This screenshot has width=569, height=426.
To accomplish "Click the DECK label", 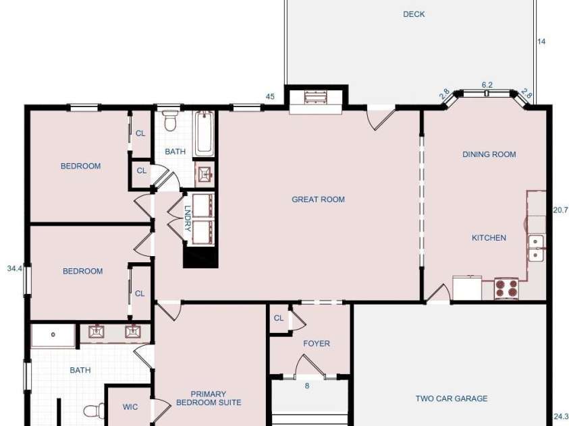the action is [414, 14].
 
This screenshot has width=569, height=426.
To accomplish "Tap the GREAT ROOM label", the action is [318, 200].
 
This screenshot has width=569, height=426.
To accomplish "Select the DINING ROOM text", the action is [489, 154].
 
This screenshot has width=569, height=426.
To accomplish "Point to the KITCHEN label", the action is [489, 238].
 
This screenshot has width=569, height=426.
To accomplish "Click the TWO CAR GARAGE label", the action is [452, 398].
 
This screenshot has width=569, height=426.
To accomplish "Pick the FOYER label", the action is [317, 343].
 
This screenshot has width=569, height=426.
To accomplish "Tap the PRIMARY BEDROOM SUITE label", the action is [209, 398].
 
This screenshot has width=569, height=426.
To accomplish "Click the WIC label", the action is [130, 407].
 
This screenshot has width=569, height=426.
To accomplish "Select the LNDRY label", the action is [188, 218].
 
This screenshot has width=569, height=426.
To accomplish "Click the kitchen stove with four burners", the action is [506, 288].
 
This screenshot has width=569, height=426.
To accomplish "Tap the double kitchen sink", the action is [536, 248].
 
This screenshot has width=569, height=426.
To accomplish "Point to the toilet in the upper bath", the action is [170, 120].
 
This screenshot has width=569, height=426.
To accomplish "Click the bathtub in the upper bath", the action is [205, 134].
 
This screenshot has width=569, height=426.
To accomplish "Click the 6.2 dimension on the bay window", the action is [487, 85].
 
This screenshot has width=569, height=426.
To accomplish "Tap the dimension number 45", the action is [270, 96].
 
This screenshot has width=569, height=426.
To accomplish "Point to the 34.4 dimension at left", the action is [15, 268].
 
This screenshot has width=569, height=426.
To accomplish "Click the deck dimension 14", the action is [541, 42].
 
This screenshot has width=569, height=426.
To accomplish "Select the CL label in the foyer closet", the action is [278, 318].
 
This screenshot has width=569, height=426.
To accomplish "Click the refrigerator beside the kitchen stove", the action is [467, 288].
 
